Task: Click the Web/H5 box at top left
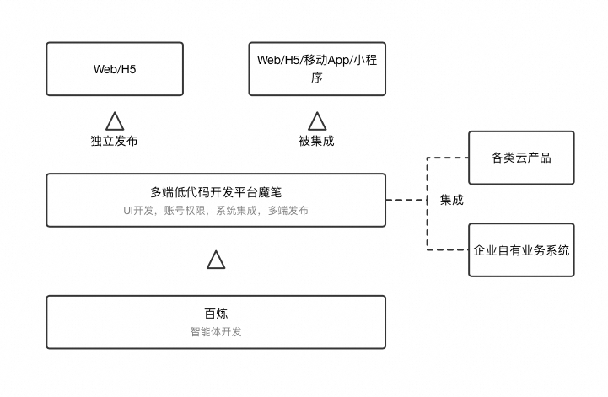click(x=114, y=69)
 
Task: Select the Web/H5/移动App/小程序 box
click(x=316, y=68)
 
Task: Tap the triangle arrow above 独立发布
click(x=114, y=121)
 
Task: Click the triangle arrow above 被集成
click(x=316, y=121)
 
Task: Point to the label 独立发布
click(x=114, y=141)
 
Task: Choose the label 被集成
click(x=316, y=141)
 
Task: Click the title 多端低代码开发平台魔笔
click(x=216, y=192)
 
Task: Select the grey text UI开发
click(x=139, y=210)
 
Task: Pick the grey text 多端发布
click(x=288, y=210)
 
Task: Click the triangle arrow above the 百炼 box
click(x=216, y=260)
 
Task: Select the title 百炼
click(x=216, y=314)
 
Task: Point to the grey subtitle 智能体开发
click(x=216, y=331)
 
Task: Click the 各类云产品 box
click(x=521, y=158)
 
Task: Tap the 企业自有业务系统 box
click(x=521, y=250)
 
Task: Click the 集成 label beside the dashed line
click(x=451, y=200)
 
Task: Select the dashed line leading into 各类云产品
click(x=448, y=158)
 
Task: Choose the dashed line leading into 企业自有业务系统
click(x=448, y=249)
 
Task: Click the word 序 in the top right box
click(x=316, y=77)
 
